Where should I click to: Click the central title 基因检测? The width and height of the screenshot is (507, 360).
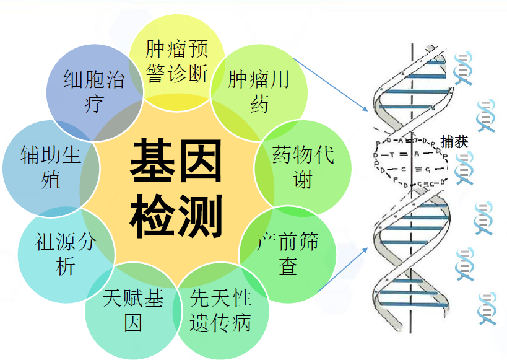(176, 190)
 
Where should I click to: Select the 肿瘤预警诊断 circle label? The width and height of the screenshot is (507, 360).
(176, 61)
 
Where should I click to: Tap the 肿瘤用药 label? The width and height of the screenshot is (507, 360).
(259, 91)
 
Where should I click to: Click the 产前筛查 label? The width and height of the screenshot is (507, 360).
(288, 253)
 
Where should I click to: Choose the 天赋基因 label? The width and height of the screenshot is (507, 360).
(133, 310)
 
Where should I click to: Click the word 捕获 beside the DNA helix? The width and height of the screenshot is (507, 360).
(454, 141)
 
